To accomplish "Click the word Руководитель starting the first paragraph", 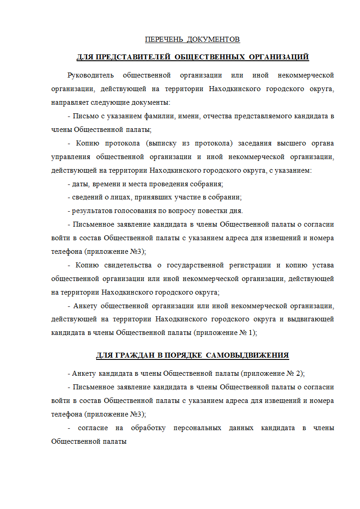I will coord(90,75).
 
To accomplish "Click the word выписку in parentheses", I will coord(161,143).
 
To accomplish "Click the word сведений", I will coord(87,198).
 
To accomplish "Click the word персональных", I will coord(198,428).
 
